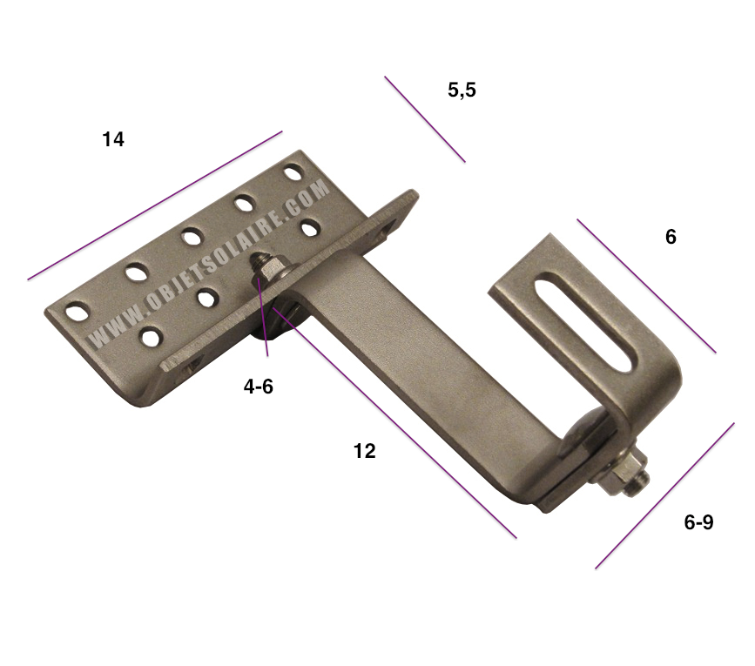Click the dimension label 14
pos(113,139)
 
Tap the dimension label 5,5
pos(462,89)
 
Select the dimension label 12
pos(364,451)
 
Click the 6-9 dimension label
pos(698,522)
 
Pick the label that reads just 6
pos(671,237)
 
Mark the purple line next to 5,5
pos(425,119)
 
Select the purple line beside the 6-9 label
pos(664,496)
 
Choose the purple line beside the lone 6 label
pos(646,286)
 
